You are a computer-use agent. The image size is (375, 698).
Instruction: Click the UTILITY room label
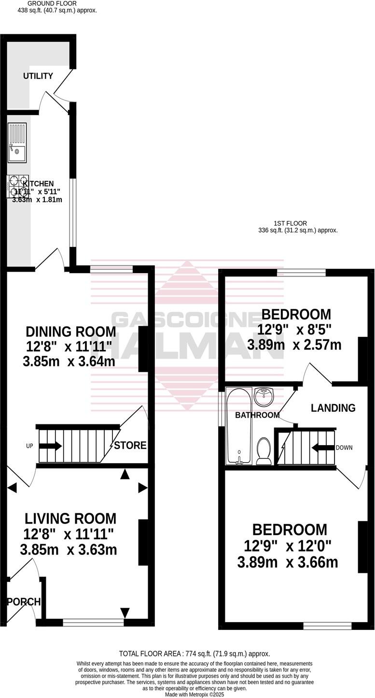click(38, 76)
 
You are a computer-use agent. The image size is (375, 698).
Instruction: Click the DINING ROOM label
click(70, 332)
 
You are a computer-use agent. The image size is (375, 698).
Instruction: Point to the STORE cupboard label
click(130, 445)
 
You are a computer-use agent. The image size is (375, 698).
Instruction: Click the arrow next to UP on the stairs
click(50, 446)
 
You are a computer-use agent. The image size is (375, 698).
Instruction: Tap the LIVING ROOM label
click(70, 519)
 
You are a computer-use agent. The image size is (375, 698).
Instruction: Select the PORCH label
click(23, 602)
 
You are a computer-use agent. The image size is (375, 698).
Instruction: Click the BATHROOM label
click(257, 415)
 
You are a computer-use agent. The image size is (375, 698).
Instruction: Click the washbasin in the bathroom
click(264, 397)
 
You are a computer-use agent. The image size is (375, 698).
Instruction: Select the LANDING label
click(333, 408)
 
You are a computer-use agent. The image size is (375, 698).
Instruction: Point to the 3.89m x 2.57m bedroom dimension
click(294, 345)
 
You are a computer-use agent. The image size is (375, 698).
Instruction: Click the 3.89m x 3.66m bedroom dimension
click(288, 563)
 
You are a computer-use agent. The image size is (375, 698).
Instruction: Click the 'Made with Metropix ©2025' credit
click(194, 694)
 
